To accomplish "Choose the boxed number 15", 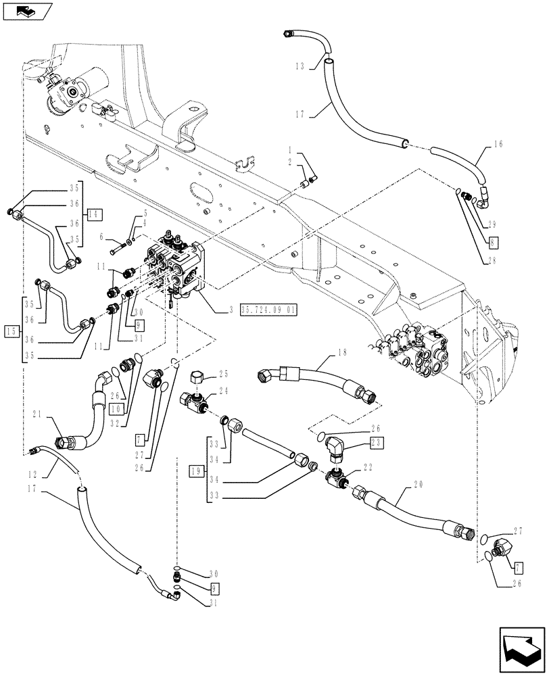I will (x=10, y=331).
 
